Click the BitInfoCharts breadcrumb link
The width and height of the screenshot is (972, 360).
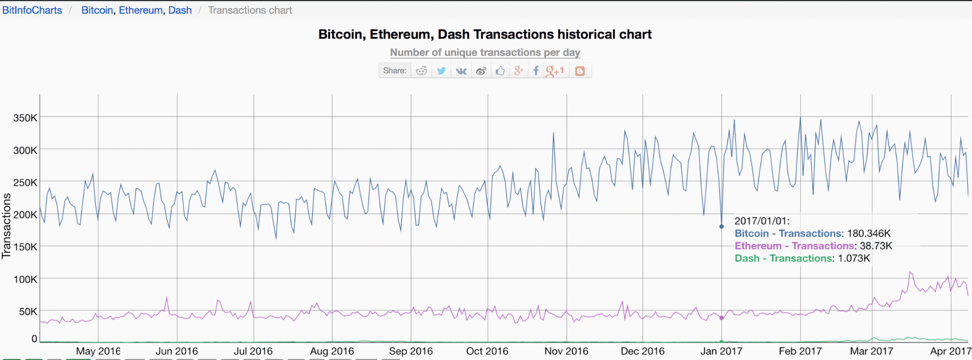(32, 10)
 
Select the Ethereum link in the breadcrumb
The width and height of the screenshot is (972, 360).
(141, 10)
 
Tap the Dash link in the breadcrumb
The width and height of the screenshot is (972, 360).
(180, 10)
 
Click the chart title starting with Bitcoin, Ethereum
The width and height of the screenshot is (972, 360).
(485, 35)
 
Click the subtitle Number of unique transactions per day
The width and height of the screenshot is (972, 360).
(485, 53)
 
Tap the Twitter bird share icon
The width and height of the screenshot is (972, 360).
(441, 71)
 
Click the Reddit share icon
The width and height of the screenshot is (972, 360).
(421, 71)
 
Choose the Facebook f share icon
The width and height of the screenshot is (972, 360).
(536, 71)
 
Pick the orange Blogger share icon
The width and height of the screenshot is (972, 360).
(580, 71)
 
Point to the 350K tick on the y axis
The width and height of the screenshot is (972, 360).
(25, 118)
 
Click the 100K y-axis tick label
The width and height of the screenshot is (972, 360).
(25, 279)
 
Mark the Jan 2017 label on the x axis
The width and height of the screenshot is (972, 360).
(721, 351)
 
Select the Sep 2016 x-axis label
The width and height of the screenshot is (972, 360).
(410, 351)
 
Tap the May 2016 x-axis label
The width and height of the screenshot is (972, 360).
(98, 351)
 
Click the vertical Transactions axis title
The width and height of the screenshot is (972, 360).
(6, 226)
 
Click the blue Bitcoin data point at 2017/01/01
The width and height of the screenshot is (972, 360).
(722, 227)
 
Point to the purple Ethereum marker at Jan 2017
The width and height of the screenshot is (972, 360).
(722, 318)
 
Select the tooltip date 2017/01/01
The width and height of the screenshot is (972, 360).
(761, 221)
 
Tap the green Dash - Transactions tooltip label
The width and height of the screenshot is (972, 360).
(783, 258)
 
